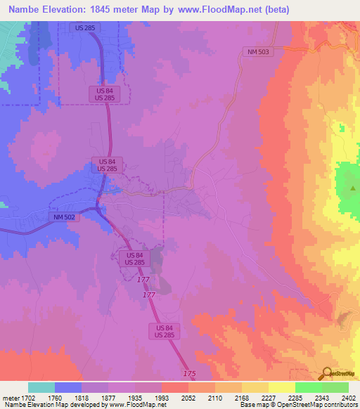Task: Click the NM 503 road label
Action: (254, 51)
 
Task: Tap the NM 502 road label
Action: (63, 218)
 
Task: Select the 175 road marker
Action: (189, 372)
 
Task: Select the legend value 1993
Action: (161, 398)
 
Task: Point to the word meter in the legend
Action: (9, 398)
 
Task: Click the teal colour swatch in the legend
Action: (41, 387)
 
